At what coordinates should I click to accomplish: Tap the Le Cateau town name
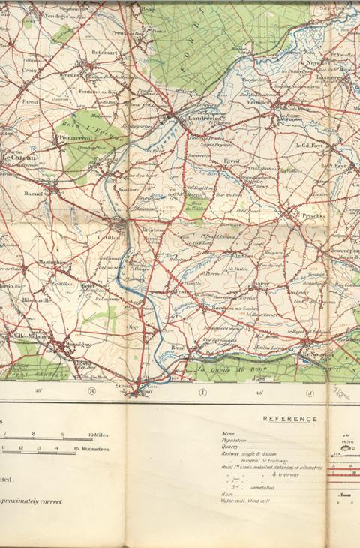coord(16,158)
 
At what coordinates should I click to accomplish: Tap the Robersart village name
coord(104,53)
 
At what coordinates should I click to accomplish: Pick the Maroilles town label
coord(261,103)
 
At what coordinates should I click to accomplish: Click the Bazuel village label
coord(34,194)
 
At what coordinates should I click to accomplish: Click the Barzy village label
coord(261,284)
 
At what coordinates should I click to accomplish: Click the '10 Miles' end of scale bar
coord(100,435)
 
